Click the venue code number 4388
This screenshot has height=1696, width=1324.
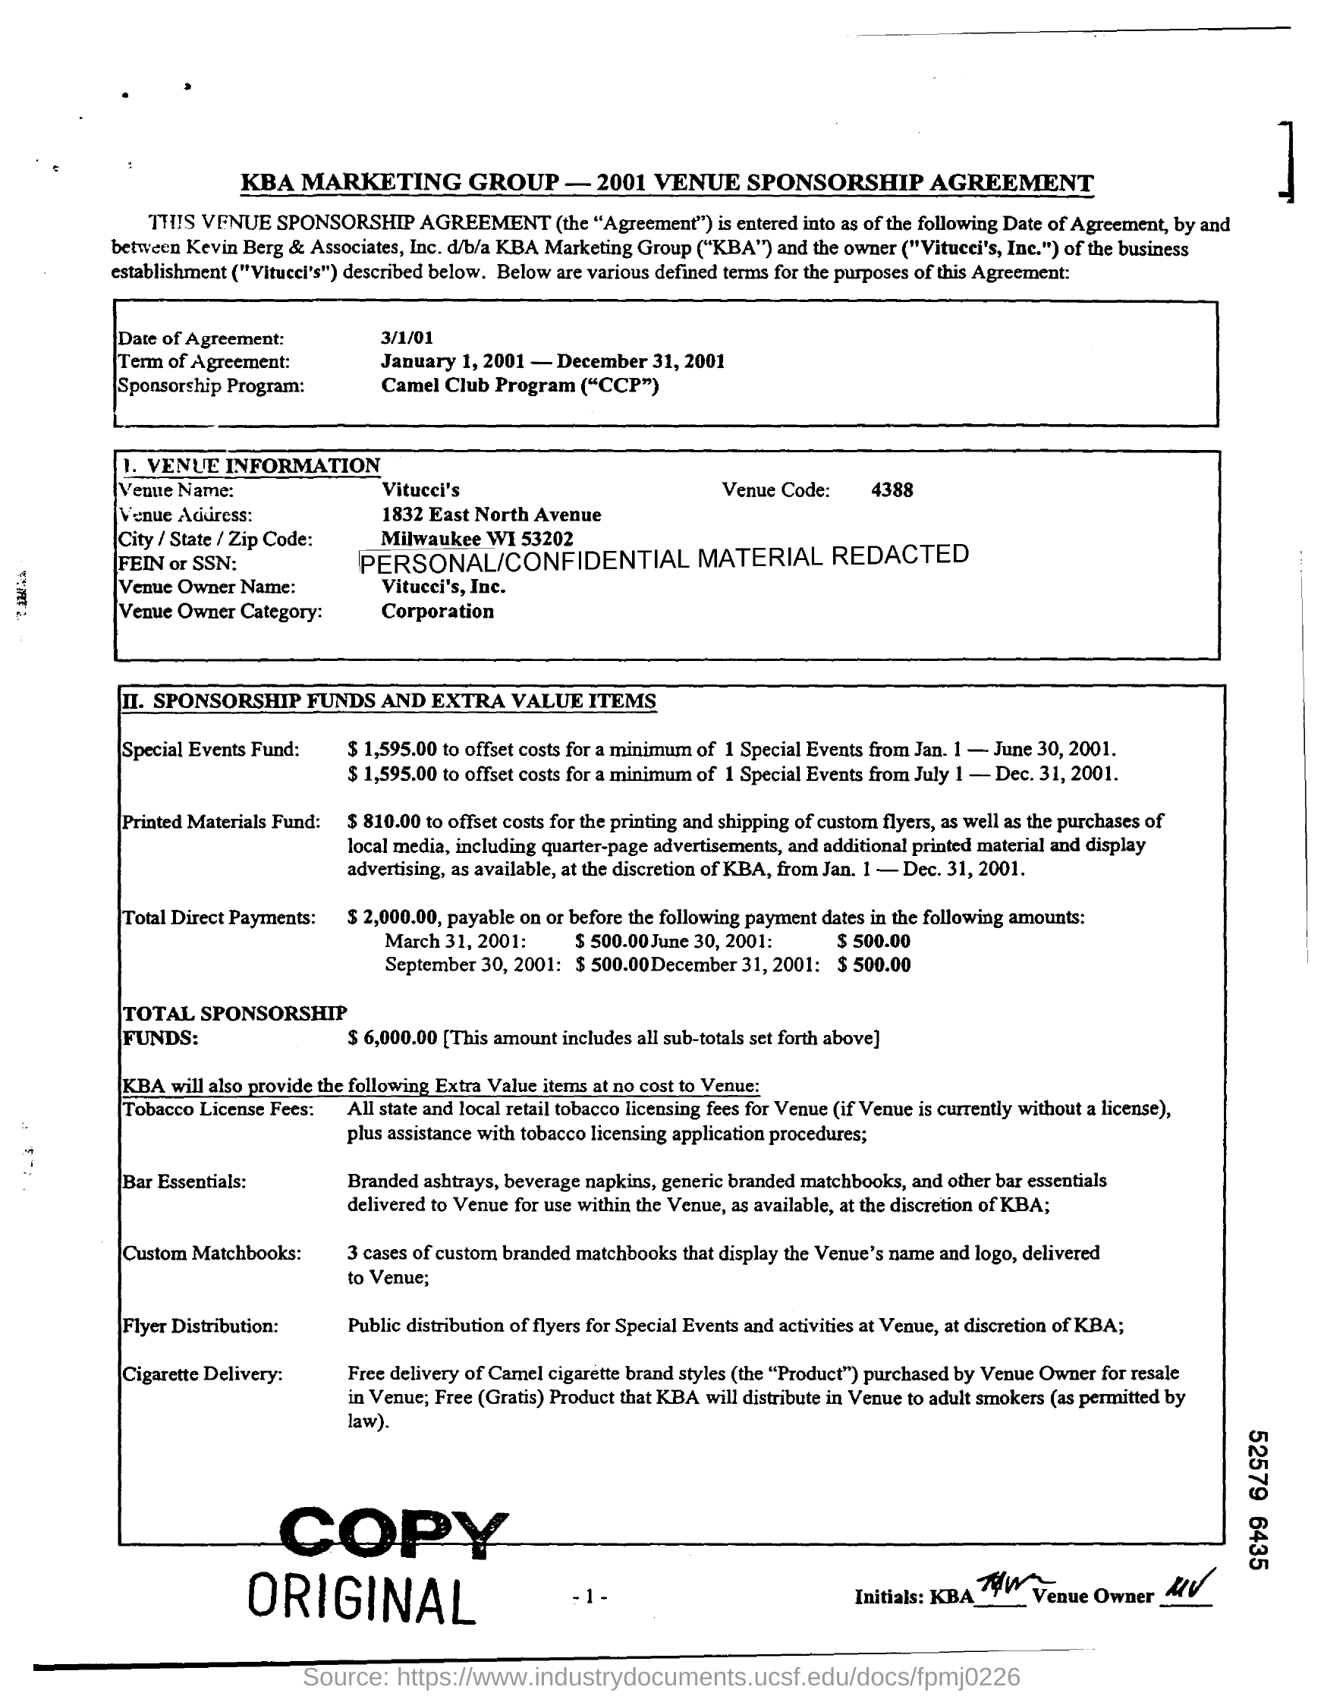[x=892, y=490]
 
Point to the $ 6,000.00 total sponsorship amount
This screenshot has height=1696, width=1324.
[x=393, y=1037]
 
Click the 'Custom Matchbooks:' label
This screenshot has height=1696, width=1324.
[x=211, y=1253]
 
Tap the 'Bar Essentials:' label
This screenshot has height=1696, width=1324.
[x=185, y=1182]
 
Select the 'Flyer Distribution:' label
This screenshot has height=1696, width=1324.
[x=200, y=1326]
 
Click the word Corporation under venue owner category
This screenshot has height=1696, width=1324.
[x=437, y=611]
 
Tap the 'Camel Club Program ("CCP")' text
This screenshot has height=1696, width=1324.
[x=520, y=385]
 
